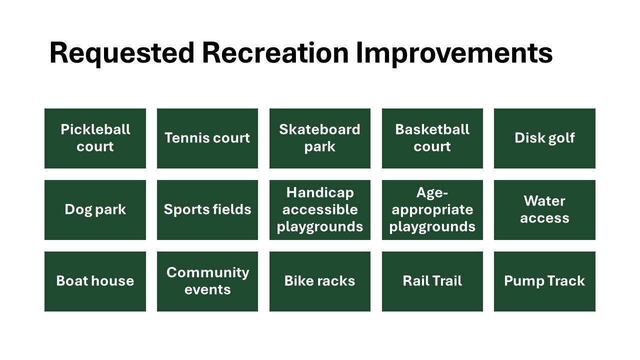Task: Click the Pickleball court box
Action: [x=95, y=138]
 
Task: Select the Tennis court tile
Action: [x=207, y=138]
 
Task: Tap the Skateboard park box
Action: [x=320, y=138]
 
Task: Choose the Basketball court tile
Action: [x=432, y=138]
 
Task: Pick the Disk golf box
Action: [x=544, y=138]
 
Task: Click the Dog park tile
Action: [x=95, y=210]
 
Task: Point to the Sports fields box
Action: [x=207, y=210]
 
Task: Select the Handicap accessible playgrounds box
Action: [x=320, y=210]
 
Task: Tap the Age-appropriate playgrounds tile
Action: [x=432, y=210]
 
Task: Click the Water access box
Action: [x=544, y=210]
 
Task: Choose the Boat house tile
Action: [x=95, y=281]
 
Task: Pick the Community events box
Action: [x=207, y=281]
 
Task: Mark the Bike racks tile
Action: [x=320, y=281]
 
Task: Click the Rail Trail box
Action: [x=432, y=281]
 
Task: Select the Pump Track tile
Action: [x=544, y=281]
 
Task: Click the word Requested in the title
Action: [x=122, y=53]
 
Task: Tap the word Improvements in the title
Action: [x=454, y=53]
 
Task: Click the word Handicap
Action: [x=320, y=193]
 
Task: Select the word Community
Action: [x=207, y=273]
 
